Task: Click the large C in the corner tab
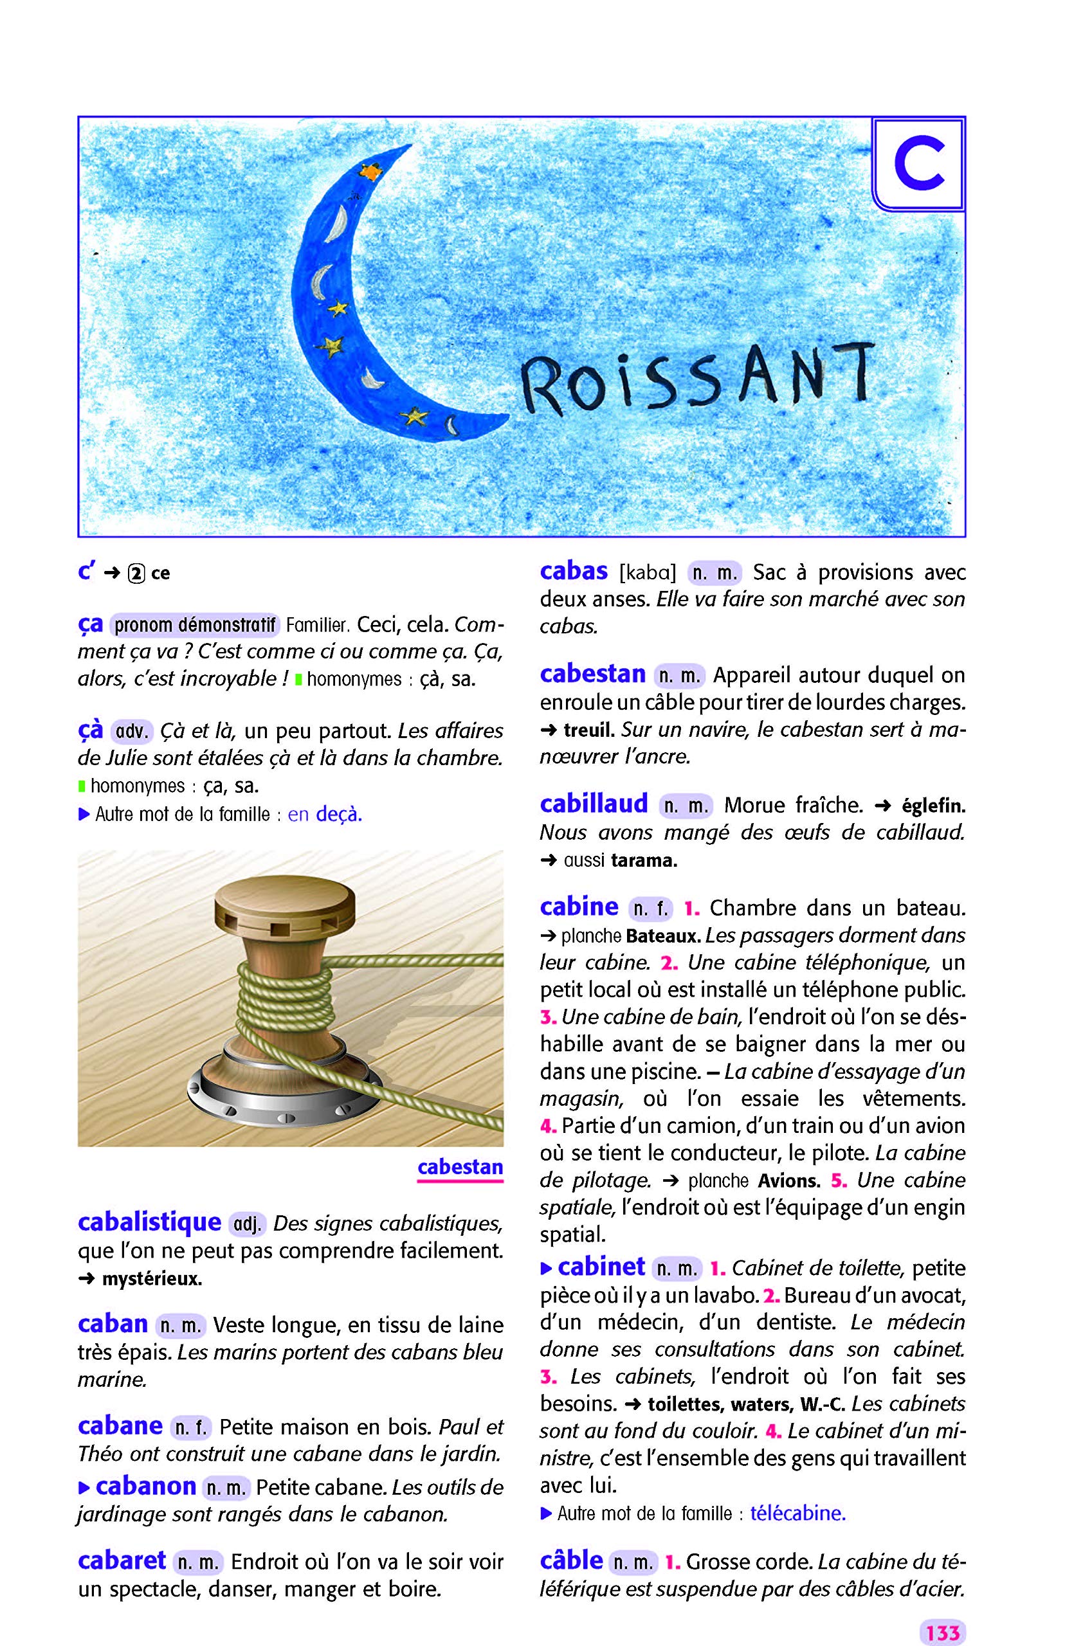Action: (x=918, y=165)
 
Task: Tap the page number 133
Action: (x=943, y=1613)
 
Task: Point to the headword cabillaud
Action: (x=594, y=803)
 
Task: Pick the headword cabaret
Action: (x=122, y=1560)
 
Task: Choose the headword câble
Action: (x=571, y=1560)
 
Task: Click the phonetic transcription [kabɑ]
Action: (x=648, y=572)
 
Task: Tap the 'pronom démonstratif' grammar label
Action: (x=194, y=625)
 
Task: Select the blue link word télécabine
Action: (x=798, y=1514)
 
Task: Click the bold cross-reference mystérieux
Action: (x=151, y=1279)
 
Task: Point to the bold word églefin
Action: (x=934, y=806)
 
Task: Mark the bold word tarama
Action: (x=644, y=861)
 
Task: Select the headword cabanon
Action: (x=145, y=1486)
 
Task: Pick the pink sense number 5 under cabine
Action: (x=839, y=1180)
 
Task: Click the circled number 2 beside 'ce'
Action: (x=136, y=574)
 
